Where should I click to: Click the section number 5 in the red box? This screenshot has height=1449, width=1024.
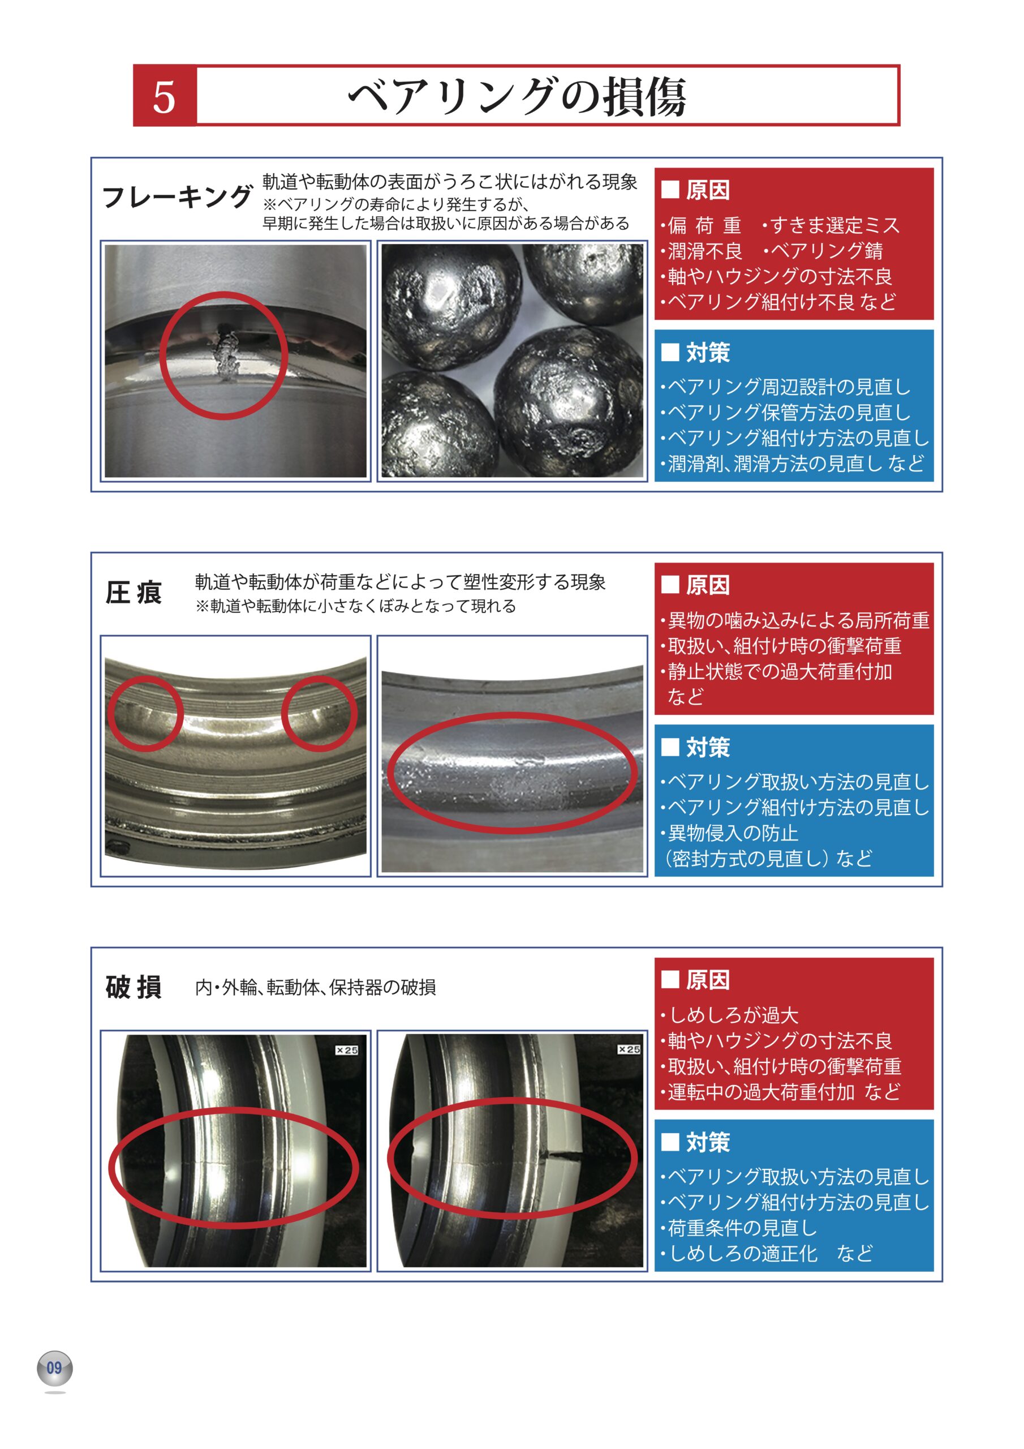point(164,97)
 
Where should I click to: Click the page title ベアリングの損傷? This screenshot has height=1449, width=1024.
point(517,97)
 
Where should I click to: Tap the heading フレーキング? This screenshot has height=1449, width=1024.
point(177,196)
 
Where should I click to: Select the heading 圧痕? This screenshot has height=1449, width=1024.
point(133,593)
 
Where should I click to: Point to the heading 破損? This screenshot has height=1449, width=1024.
point(133,987)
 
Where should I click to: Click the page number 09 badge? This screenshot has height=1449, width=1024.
point(55,1367)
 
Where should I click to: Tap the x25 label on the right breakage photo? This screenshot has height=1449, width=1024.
point(629,1048)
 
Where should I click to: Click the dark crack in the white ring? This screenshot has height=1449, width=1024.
point(563,1156)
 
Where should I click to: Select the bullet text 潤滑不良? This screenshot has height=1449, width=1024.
point(705,251)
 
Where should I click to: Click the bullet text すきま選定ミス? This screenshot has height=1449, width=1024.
point(834,225)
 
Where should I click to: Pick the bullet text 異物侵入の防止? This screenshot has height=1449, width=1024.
point(733,833)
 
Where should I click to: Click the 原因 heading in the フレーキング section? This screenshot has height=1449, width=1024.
point(707,190)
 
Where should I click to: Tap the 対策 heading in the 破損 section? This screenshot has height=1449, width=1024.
point(707,1142)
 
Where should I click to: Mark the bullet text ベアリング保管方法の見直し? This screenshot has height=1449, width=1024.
point(789,412)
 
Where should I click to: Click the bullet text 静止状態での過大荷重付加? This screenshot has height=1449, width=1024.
point(780,671)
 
